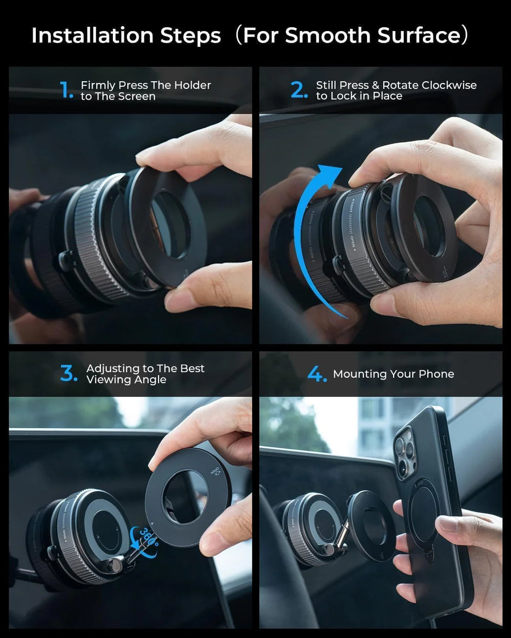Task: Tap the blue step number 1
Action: pyautogui.click(x=66, y=90)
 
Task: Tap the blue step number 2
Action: pyautogui.click(x=298, y=90)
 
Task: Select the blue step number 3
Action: pyautogui.click(x=68, y=374)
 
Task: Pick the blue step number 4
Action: pyautogui.click(x=316, y=374)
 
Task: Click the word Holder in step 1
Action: pyautogui.click(x=192, y=85)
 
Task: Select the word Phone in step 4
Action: pyautogui.click(x=436, y=374)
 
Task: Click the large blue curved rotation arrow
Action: pyautogui.click(x=307, y=232)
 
